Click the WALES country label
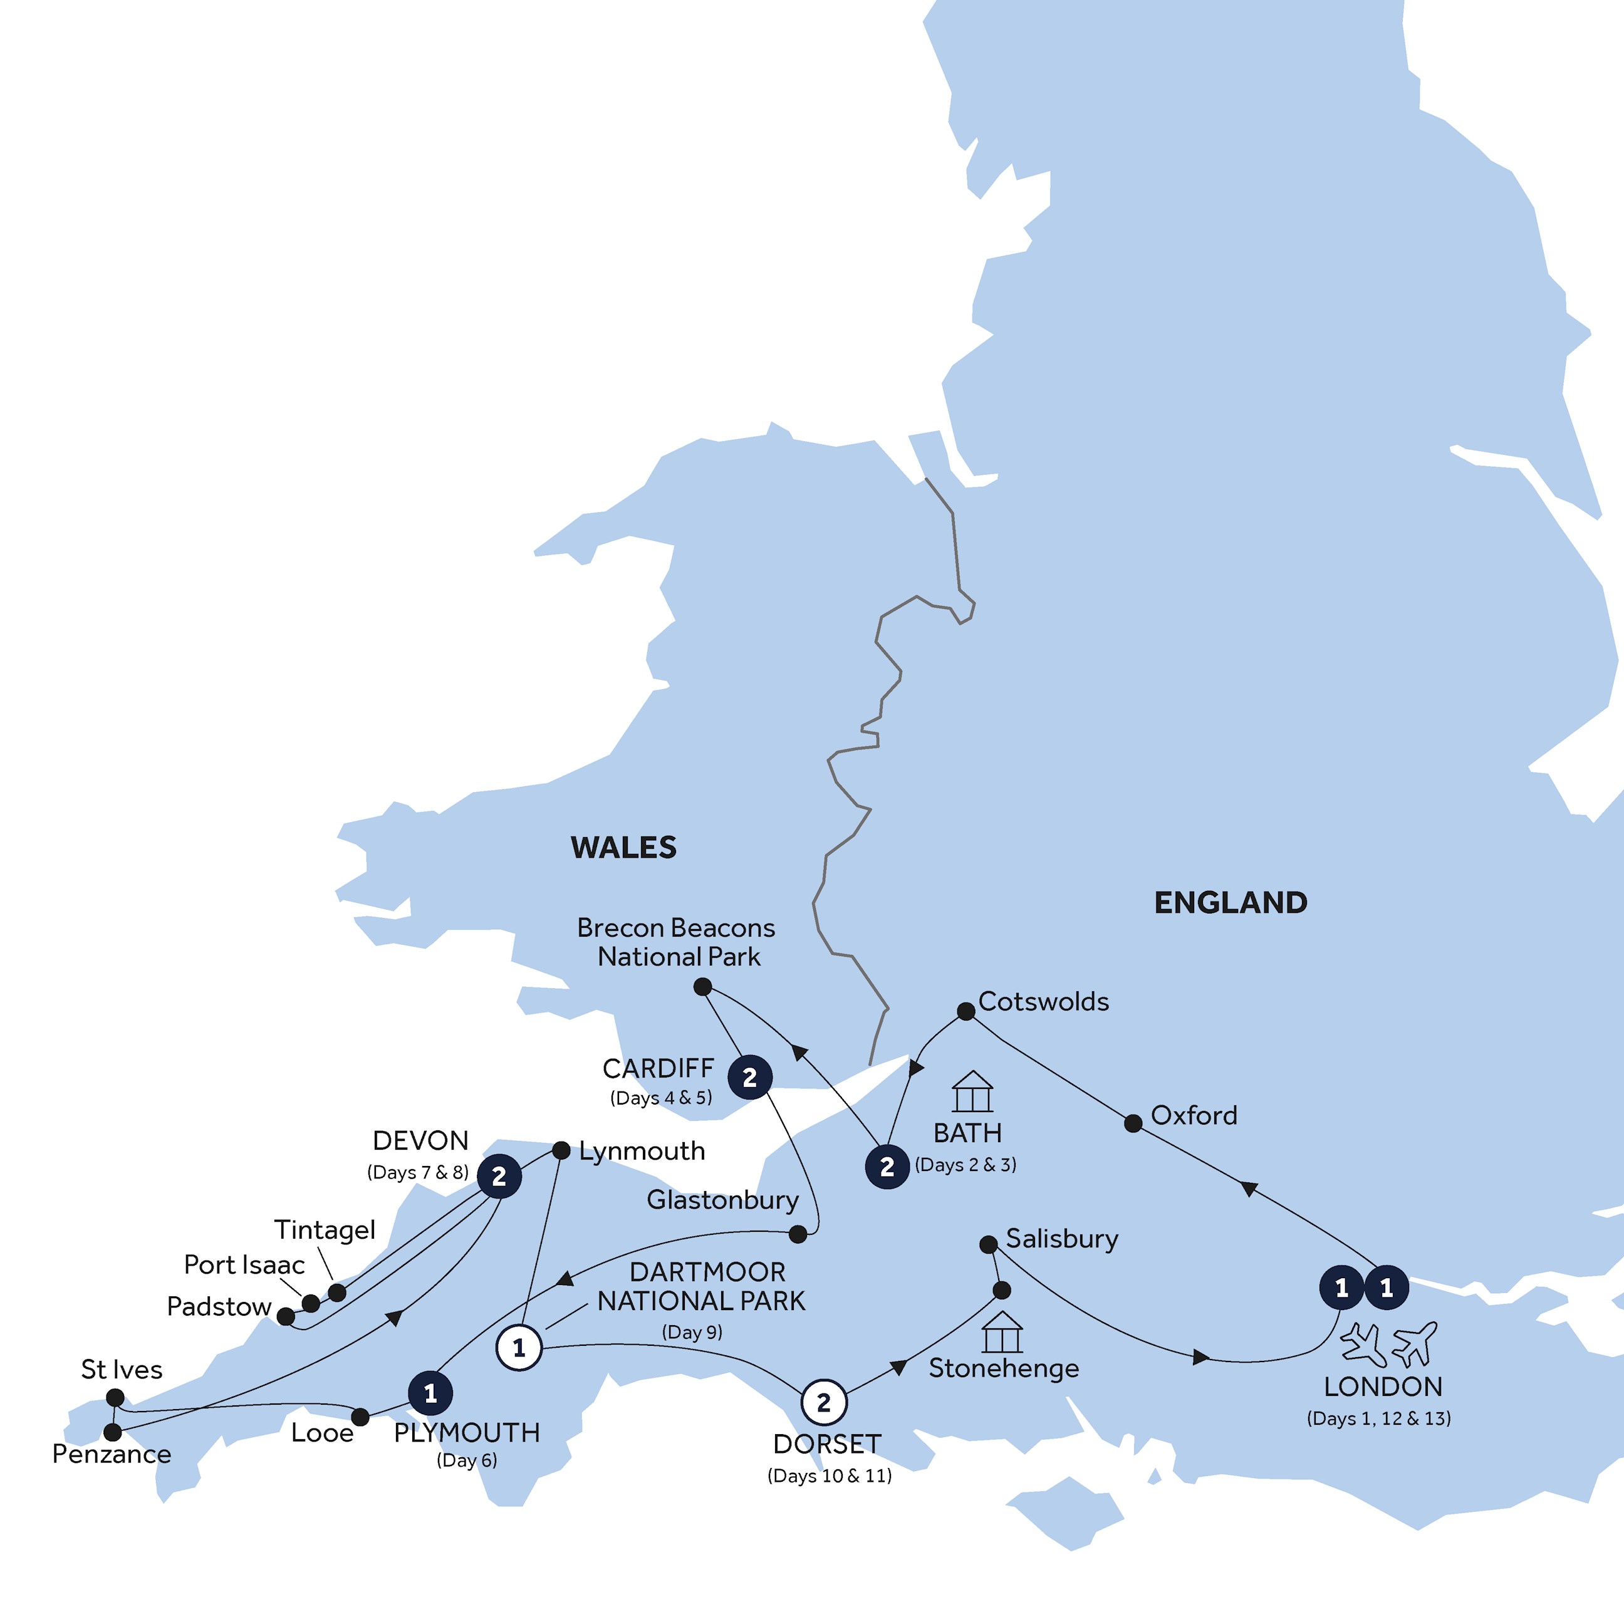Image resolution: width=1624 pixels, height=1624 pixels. [623, 847]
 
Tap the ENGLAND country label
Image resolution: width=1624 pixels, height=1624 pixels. [1230, 903]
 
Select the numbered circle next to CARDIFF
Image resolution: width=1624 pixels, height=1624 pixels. [750, 1077]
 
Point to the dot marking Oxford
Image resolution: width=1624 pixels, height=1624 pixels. [1133, 1123]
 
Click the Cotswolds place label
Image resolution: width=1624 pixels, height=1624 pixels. [1043, 1002]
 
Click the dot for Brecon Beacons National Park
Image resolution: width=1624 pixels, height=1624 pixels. [703, 987]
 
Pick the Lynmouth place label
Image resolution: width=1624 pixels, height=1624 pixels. [642, 1151]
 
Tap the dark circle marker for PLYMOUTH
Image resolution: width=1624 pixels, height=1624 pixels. [430, 1393]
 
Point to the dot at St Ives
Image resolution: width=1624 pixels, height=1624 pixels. [116, 1398]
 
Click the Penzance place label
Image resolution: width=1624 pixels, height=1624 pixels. [112, 1454]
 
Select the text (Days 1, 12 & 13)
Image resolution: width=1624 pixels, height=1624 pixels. [1378, 1419]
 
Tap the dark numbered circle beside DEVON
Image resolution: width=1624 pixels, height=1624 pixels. [499, 1177]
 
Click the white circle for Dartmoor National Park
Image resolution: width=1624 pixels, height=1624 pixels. [519, 1348]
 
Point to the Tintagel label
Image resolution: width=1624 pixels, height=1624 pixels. [325, 1230]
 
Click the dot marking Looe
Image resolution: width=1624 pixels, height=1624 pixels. [360, 1417]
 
